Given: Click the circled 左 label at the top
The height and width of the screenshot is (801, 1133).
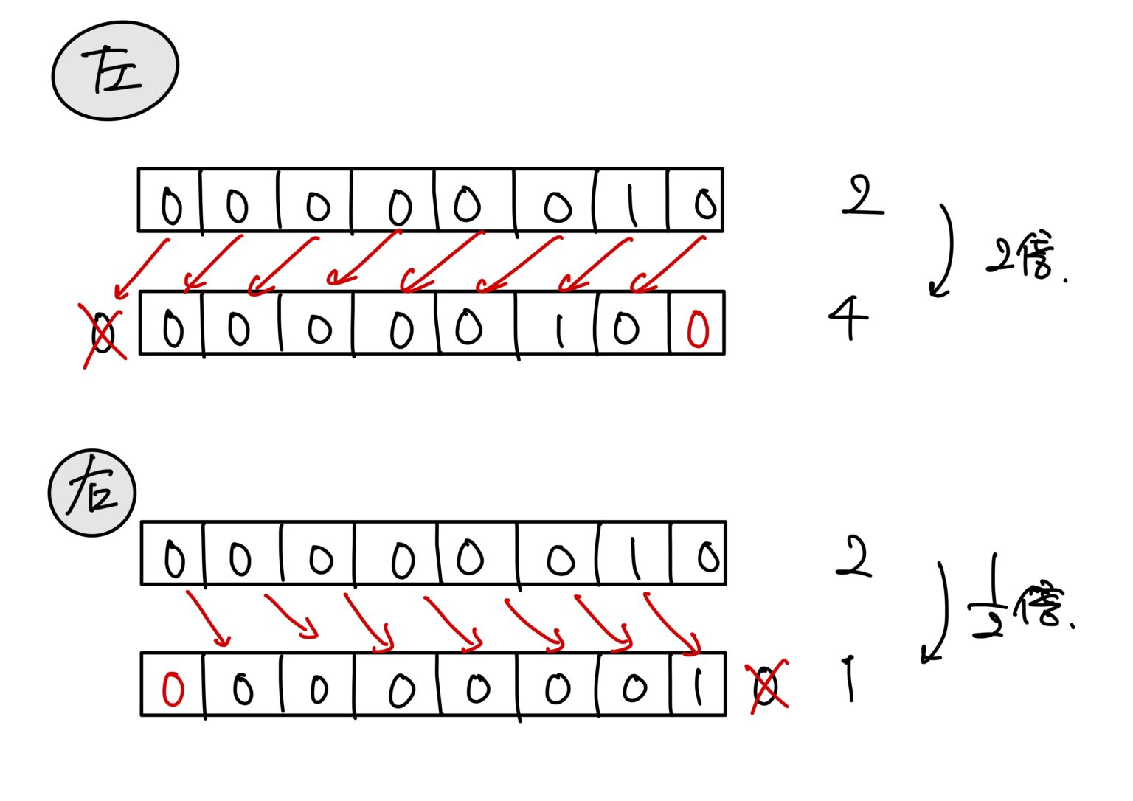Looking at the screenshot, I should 116,70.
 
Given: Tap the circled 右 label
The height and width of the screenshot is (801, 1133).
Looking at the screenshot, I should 92,493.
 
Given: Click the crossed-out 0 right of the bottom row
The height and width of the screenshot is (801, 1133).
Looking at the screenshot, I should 766,686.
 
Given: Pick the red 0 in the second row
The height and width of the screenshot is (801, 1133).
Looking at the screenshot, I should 697,329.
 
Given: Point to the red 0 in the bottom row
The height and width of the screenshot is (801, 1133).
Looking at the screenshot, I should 173,689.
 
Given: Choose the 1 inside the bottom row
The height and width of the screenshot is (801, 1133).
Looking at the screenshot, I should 696,688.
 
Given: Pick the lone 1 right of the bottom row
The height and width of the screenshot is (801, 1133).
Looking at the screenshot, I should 850,679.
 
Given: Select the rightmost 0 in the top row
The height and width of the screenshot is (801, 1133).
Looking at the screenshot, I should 705,203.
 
